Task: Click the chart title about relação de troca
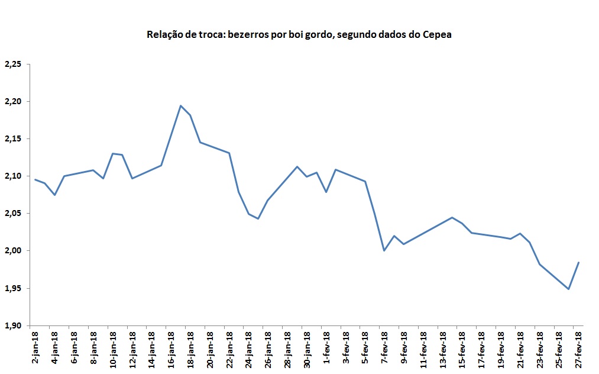tap(299, 34)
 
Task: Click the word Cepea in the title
tap(436, 34)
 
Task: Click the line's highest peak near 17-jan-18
tap(180, 106)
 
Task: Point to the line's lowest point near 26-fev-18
tap(568, 289)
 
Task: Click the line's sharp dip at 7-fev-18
tap(384, 250)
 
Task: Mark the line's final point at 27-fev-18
tap(578, 262)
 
